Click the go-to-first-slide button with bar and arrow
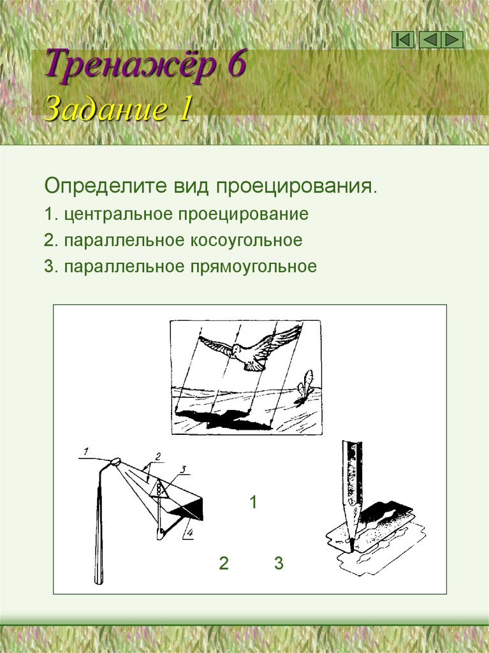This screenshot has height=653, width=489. tap(403, 40)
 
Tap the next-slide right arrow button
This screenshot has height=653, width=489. tap(453, 40)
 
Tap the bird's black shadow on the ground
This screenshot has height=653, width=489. tap(220, 420)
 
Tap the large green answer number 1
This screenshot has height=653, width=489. tap(253, 503)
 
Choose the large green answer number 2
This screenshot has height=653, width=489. tap(223, 564)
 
